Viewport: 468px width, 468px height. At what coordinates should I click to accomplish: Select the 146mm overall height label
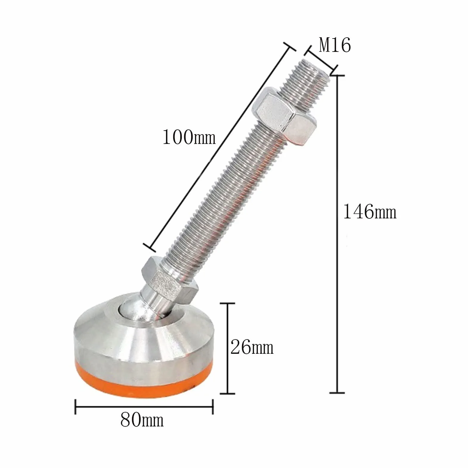370,212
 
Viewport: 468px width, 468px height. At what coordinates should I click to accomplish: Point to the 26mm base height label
252,347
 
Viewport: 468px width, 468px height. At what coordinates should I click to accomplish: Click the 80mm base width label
142,420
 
